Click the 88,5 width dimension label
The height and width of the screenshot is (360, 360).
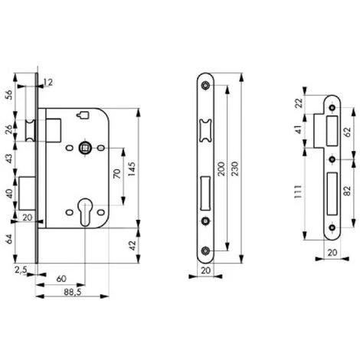[73, 291]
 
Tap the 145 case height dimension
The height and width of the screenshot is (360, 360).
[132, 169]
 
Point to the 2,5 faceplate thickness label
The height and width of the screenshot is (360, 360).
[21, 270]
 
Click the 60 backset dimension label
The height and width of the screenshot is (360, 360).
[61, 279]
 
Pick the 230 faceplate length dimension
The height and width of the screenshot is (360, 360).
[234, 169]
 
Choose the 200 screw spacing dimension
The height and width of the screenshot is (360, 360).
[221, 169]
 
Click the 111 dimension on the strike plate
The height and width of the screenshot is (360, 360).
[298, 191]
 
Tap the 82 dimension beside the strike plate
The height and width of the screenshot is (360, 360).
[347, 191]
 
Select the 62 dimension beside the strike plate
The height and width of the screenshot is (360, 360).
[347, 132]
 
